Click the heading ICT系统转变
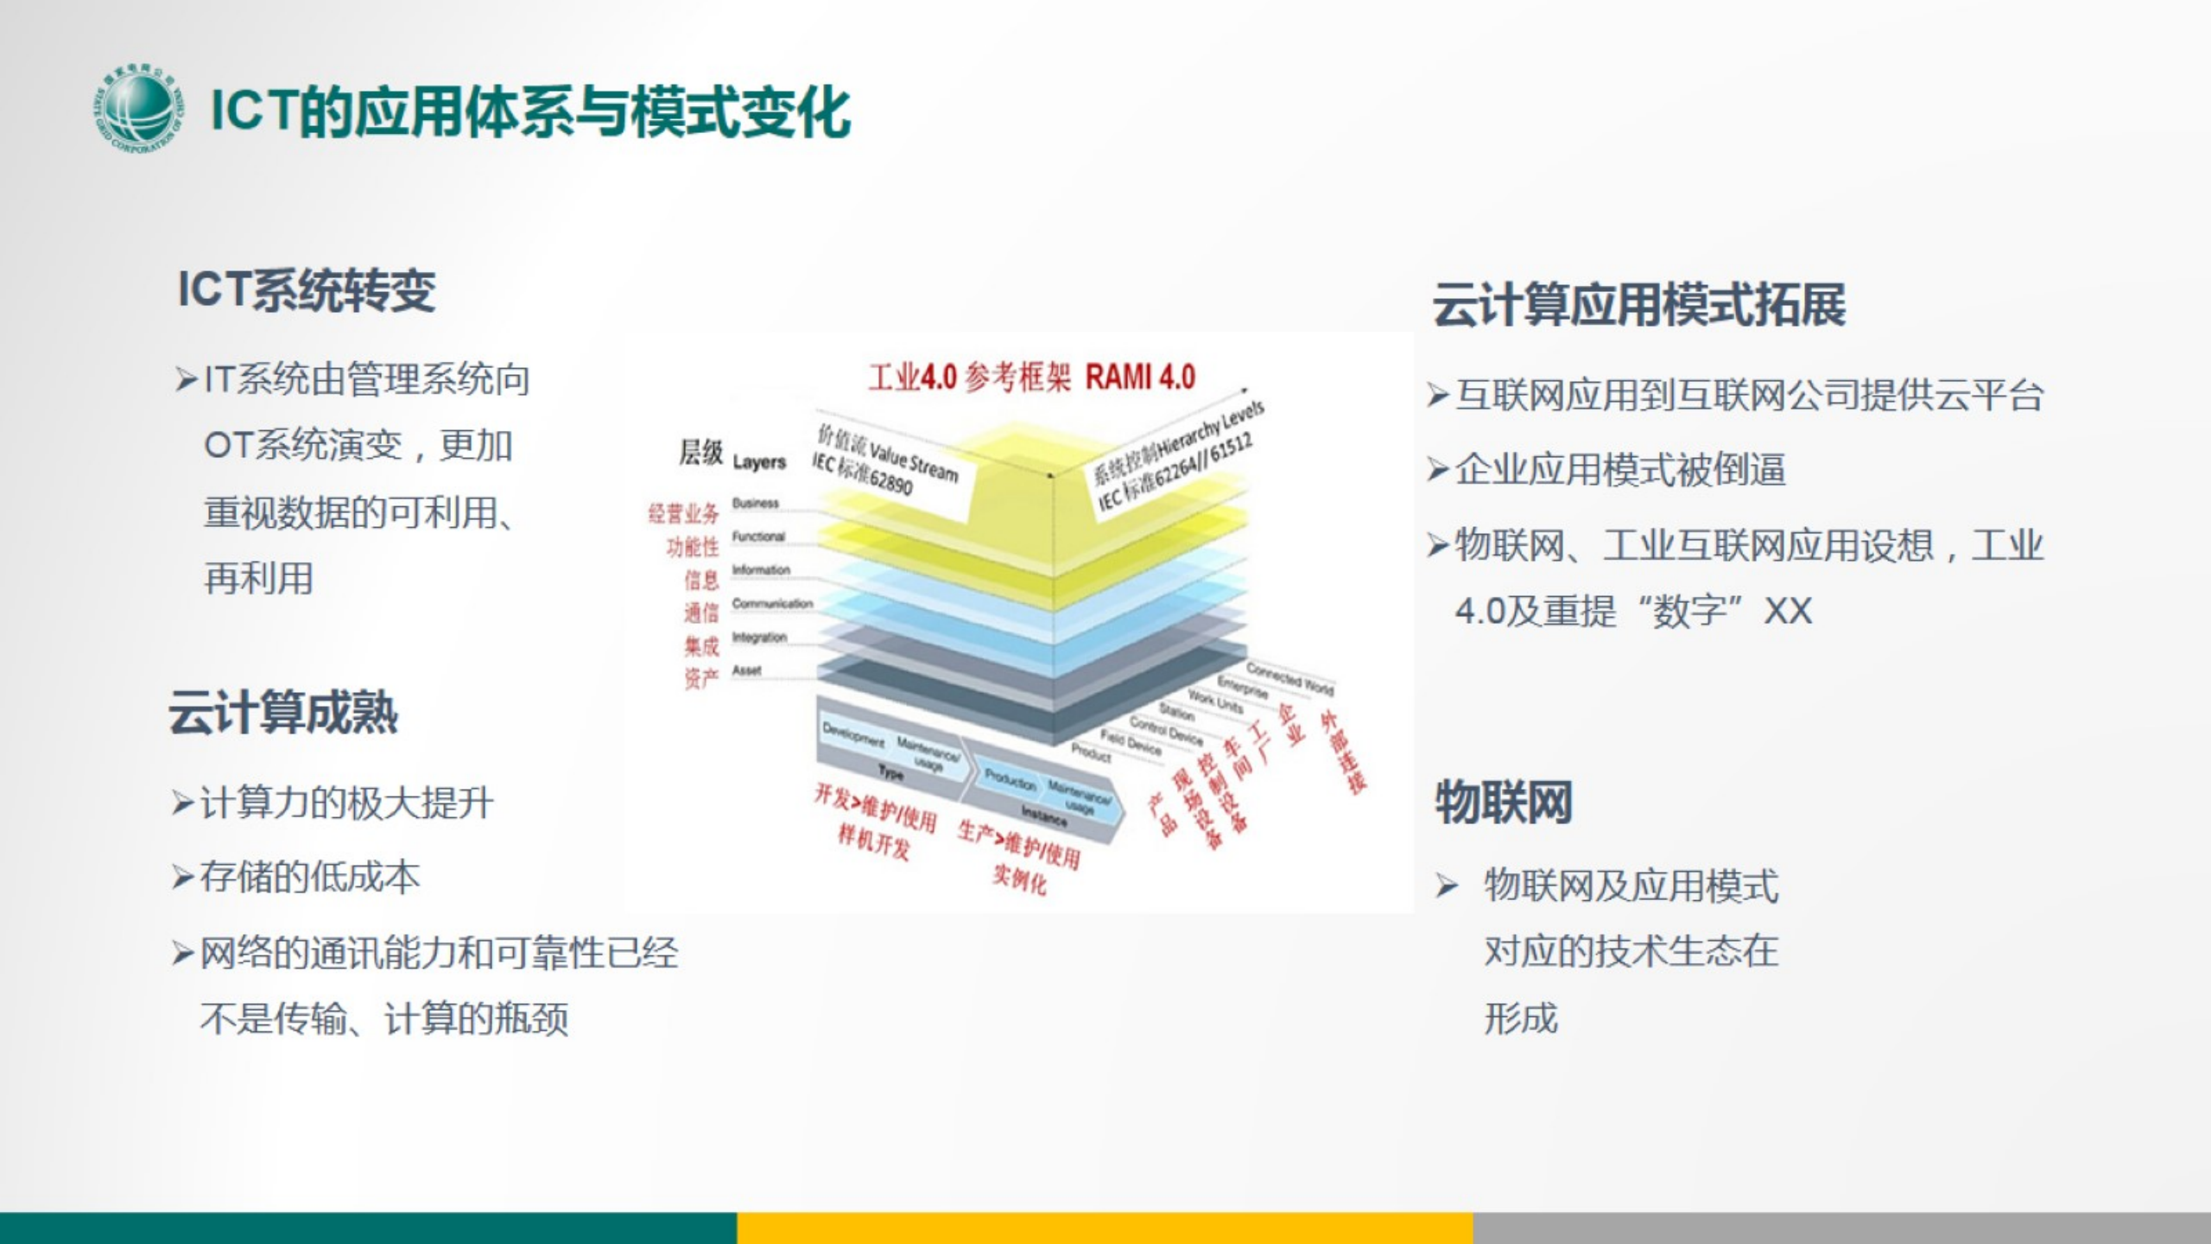click(307, 289)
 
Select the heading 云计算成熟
click(283, 714)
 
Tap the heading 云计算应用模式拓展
click(1638, 304)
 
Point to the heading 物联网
click(1504, 802)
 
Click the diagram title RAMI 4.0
click(1140, 378)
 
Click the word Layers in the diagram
click(759, 462)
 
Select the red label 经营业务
click(683, 514)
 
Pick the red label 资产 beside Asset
click(700, 678)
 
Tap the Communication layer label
click(772, 603)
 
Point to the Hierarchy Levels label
click(1209, 432)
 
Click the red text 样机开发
click(873, 841)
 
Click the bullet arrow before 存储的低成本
click(183, 879)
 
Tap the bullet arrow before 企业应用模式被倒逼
click(1437, 470)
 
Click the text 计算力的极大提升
click(346, 803)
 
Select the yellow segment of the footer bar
click(1105, 1228)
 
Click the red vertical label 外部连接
click(1344, 752)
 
